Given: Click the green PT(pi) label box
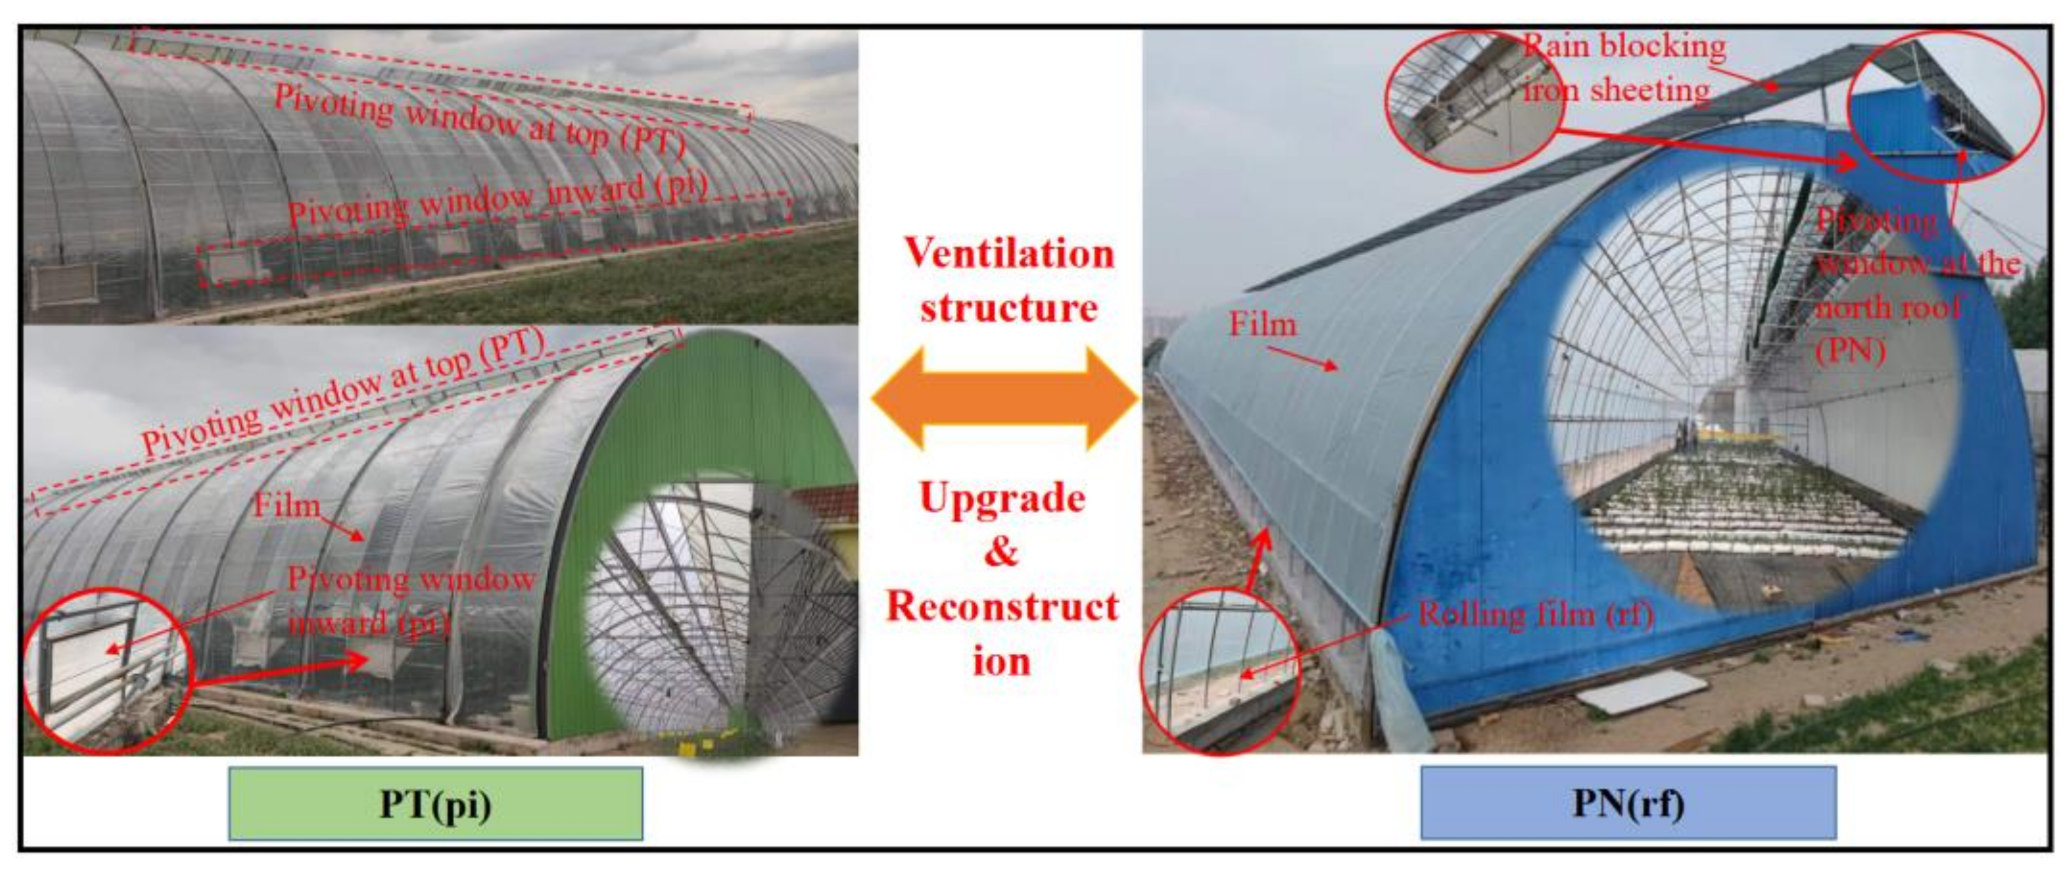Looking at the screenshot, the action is click(435, 804).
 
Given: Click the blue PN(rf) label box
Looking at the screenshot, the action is click(1627, 803).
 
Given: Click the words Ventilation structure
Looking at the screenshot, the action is click(1009, 280).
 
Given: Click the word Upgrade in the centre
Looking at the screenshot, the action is click(1002, 498).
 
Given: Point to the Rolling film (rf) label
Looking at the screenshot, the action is click(1535, 615).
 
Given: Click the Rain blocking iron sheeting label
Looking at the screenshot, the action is click(1624, 68).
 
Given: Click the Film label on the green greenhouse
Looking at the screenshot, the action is click(287, 505).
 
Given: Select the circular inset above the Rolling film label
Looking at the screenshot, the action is click(1220, 671).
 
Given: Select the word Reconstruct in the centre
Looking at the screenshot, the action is click(1002, 606).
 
